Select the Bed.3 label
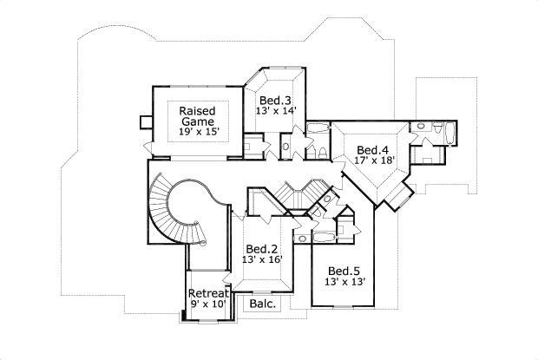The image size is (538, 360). (x=278, y=101)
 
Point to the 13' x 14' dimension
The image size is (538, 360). (x=278, y=112)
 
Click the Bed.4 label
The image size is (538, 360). (x=373, y=148)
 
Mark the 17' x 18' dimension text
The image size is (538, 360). (x=373, y=160)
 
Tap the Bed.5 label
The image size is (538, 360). (x=344, y=270)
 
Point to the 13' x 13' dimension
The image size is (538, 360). (x=344, y=282)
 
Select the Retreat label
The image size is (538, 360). (x=208, y=292)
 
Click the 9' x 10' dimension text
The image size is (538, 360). (x=208, y=304)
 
